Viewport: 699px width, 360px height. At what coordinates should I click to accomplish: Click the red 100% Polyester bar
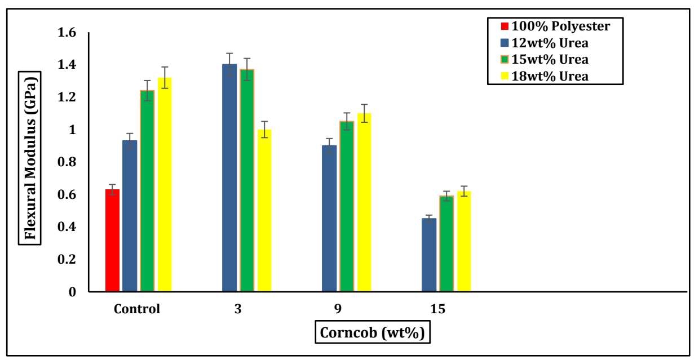tap(112, 241)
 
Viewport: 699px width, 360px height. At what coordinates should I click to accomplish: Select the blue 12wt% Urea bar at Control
tap(130, 216)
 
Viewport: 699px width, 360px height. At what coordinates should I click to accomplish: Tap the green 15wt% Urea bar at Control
tap(147, 191)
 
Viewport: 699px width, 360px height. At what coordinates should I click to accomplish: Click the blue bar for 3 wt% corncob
tap(229, 178)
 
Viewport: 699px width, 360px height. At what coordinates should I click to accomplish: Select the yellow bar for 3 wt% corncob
tap(264, 211)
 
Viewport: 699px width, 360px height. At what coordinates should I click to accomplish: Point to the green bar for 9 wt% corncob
tap(347, 207)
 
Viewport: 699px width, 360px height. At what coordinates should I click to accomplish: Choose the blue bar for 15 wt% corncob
tap(429, 255)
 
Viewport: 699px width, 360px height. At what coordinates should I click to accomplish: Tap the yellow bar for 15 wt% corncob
tap(464, 242)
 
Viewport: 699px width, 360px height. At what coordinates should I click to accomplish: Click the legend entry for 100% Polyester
tap(555, 26)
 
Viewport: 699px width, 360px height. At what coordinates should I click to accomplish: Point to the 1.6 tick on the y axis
tap(67, 33)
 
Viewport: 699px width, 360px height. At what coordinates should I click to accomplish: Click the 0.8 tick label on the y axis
tap(67, 162)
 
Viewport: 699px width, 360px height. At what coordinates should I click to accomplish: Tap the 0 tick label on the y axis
tap(72, 292)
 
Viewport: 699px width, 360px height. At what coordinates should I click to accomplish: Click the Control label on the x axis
tap(137, 309)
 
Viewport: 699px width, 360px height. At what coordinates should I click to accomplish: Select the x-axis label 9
tap(338, 309)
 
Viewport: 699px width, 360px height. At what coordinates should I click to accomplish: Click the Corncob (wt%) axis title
tap(372, 332)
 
